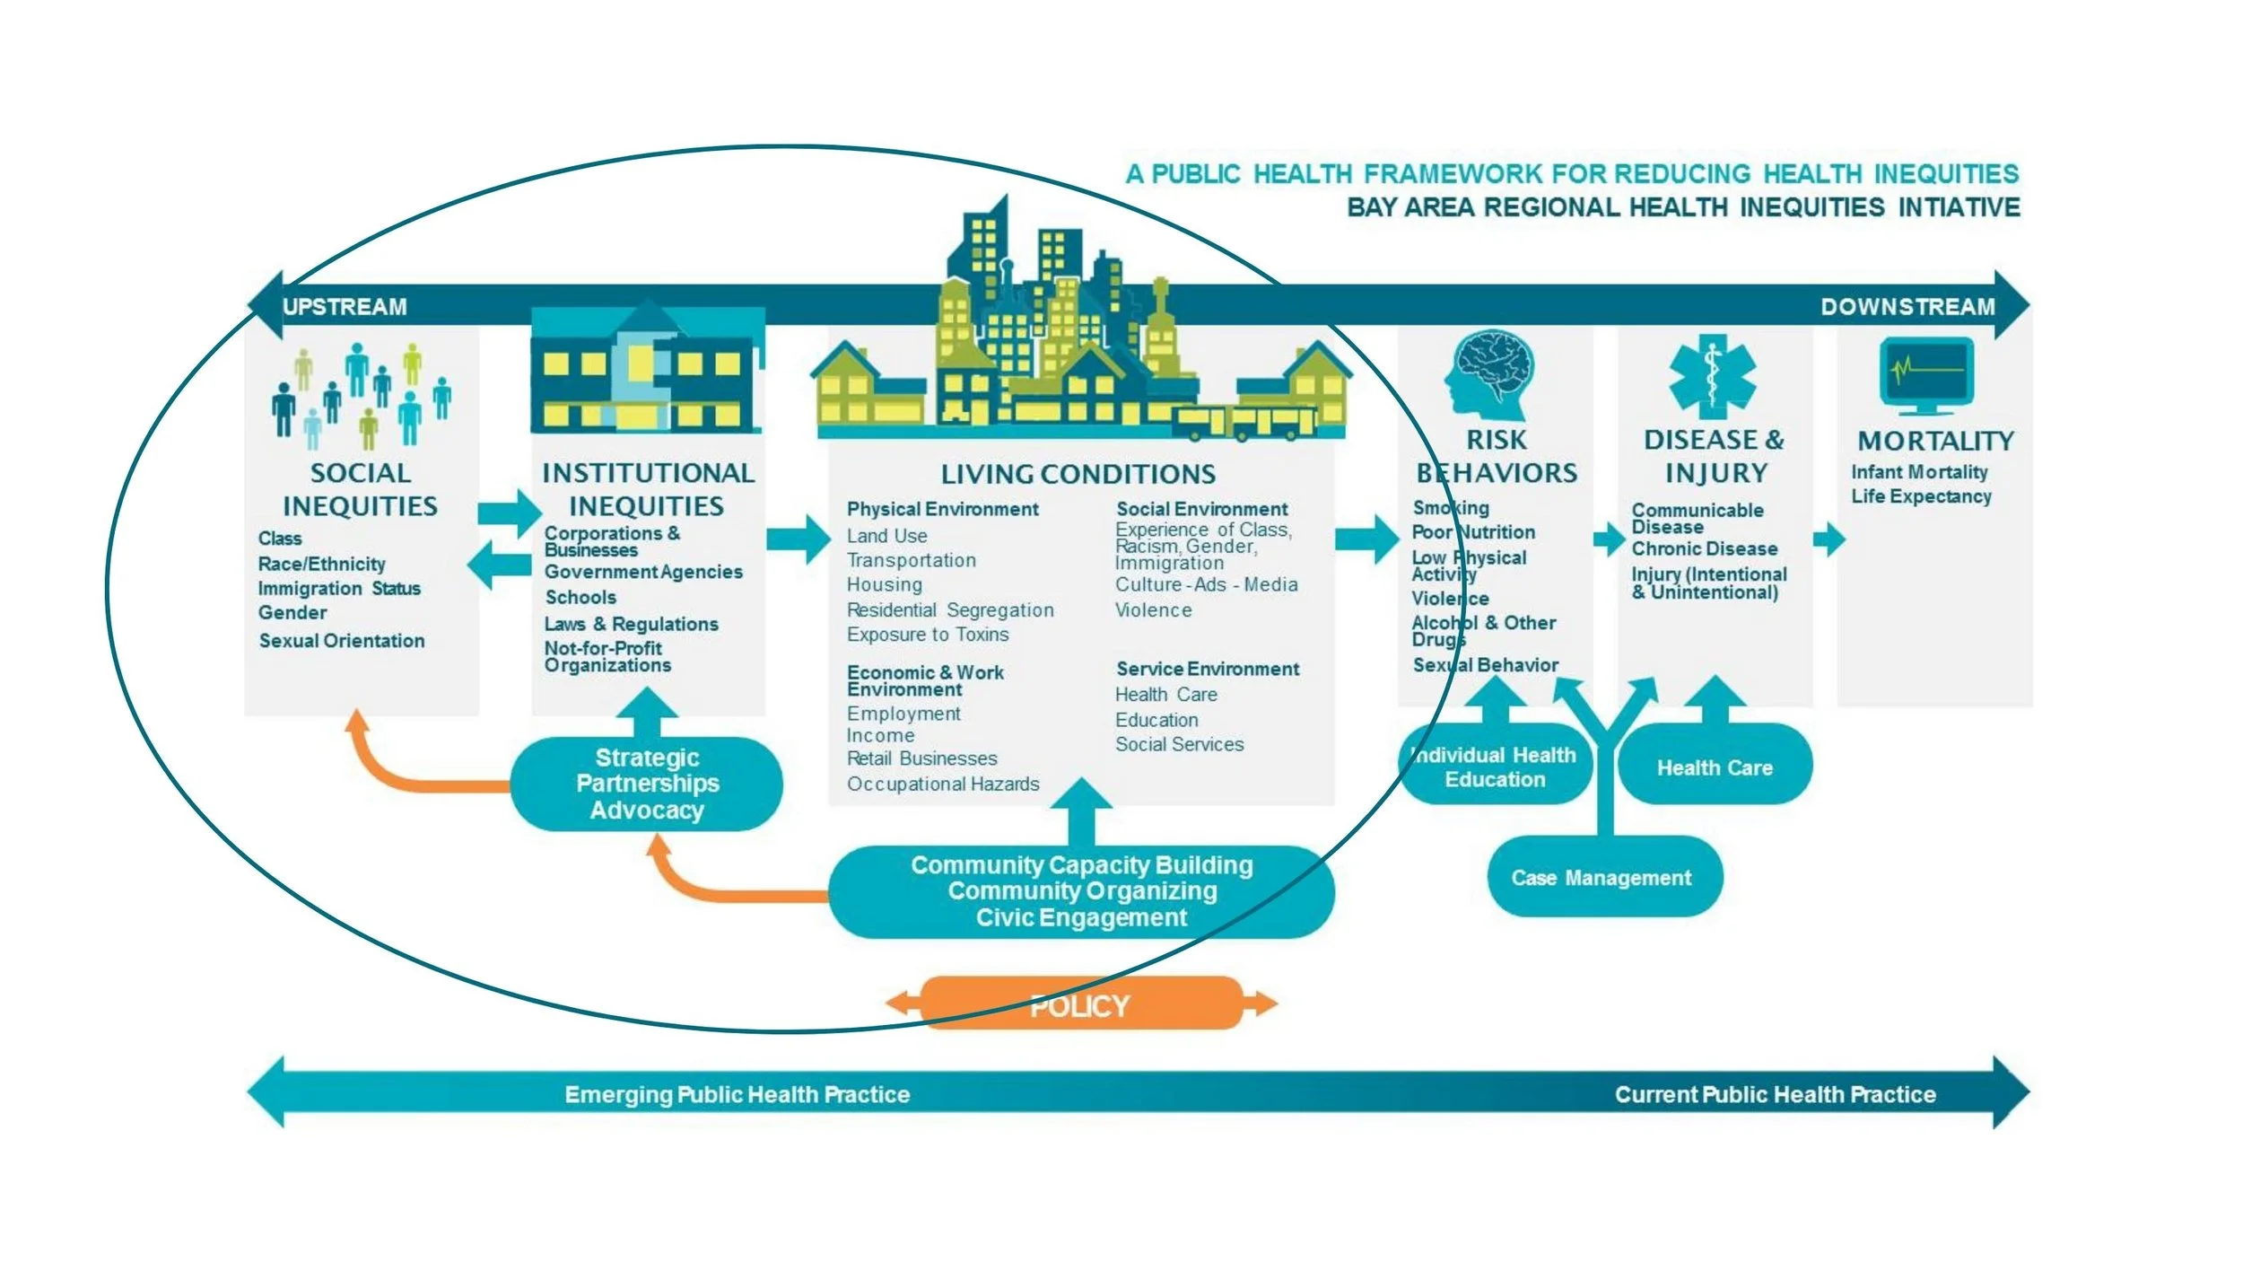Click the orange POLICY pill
(1080, 1004)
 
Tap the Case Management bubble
(1603, 877)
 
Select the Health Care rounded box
(1715, 767)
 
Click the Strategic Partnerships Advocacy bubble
(647, 784)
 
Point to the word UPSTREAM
(345, 307)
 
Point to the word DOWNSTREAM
(1907, 307)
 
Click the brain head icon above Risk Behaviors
(1490, 374)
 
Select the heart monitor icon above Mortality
(1926, 374)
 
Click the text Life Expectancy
(1921, 496)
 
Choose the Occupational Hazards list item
(943, 784)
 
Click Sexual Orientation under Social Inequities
(342, 641)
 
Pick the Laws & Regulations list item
(632, 624)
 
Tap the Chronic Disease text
(1704, 548)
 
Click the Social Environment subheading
(1201, 509)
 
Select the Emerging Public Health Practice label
(737, 1094)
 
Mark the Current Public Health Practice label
(1775, 1094)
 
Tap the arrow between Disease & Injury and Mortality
(1828, 539)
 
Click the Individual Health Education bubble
(1495, 767)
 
